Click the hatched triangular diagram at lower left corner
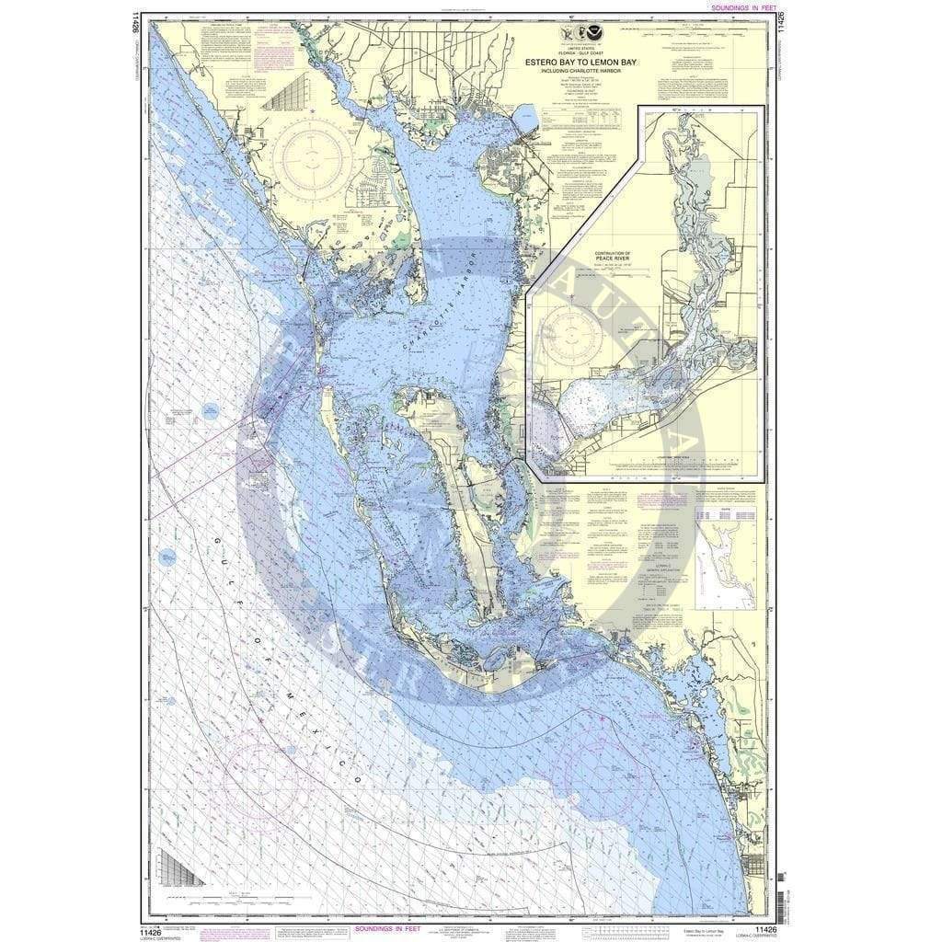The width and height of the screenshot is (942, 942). click(179, 867)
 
